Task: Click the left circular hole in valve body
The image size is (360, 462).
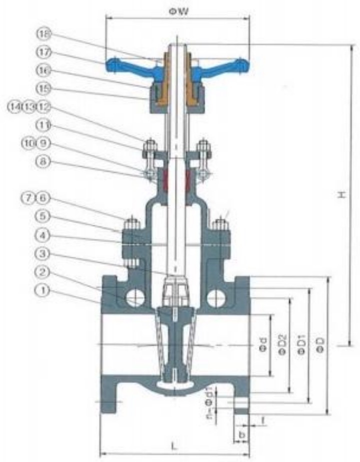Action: pyautogui.click(x=134, y=299)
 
